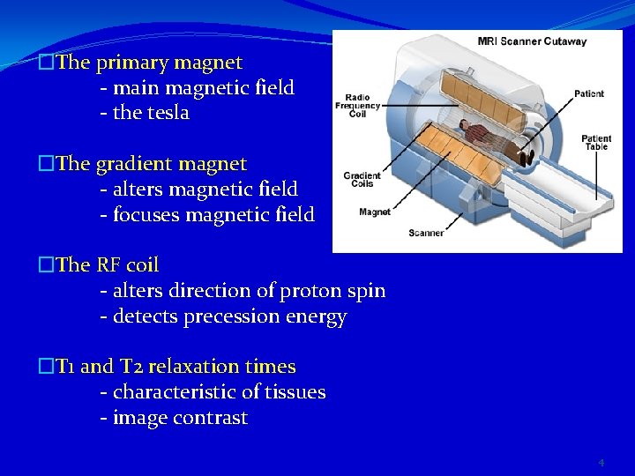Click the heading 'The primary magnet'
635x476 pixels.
(148, 63)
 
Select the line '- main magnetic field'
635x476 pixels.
(197, 88)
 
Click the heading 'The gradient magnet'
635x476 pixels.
(151, 164)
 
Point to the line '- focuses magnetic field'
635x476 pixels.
(206, 215)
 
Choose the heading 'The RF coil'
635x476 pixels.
(107, 265)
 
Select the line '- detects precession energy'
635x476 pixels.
(223, 316)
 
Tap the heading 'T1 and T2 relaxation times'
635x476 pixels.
(176, 367)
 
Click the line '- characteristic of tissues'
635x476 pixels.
(213, 392)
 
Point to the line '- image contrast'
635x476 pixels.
(174, 418)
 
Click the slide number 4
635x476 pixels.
(601, 463)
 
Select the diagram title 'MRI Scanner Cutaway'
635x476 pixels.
(532, 41)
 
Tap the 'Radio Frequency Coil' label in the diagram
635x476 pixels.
(357, 105)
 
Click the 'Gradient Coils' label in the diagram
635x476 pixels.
(362, 180)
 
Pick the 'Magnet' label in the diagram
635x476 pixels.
(375, 212)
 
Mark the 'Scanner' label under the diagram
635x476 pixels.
(426, 233)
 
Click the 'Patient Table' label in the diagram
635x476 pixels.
(596, 142)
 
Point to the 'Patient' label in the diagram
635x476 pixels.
(589, 93)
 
